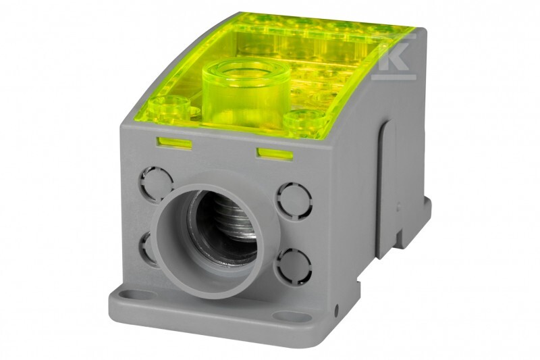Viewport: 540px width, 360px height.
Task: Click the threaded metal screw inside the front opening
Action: pyautogui.click(x=234, y=220)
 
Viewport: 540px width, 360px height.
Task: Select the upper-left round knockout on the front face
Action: pyautogui.click(x=156, y=184)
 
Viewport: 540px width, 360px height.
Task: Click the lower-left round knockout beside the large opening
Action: pyautogui.click(x=146, y=248)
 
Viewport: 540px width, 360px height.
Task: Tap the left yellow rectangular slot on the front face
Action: pyautogui.click(x=174, y=143)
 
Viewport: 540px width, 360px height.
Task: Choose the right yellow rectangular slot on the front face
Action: pyautogui.click(x=274, y=154)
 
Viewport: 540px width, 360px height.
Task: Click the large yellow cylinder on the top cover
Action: pyautogui.click(x=241, y=93)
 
